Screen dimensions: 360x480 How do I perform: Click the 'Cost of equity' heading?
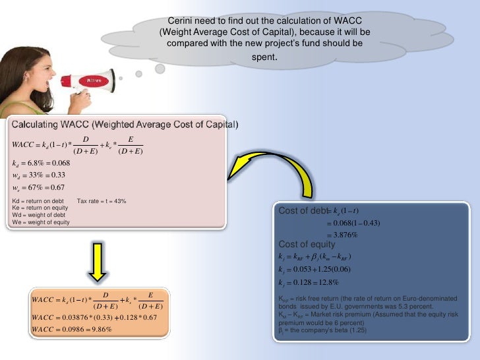(307, 245)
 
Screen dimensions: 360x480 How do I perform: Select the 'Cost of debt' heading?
(303, 211)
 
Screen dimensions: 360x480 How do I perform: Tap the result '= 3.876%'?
(342, 235)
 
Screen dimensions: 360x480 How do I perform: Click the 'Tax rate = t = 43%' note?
(102, 201)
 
